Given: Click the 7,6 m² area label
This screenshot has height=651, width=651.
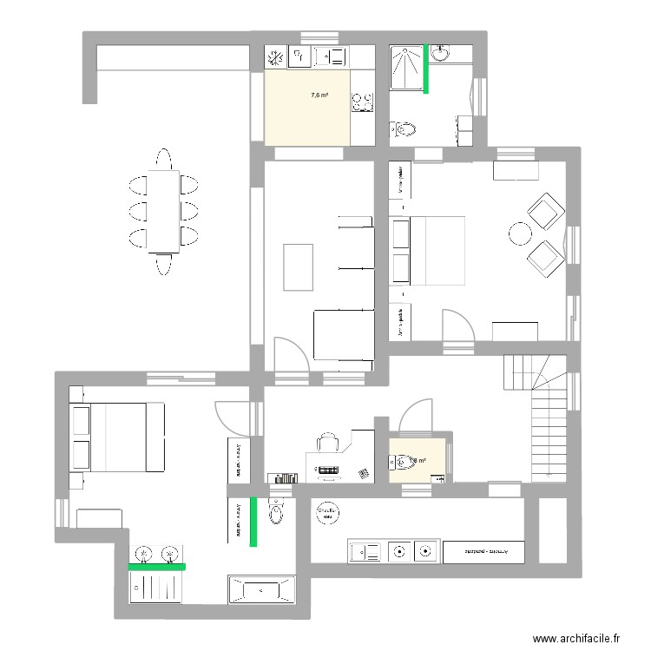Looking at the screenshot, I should pos(319,95).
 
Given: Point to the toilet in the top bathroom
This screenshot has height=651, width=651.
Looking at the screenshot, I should pos(404,130).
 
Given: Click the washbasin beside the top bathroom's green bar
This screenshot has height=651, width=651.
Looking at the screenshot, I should pos(441,53).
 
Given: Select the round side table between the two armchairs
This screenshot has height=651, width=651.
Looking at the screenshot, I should pos(520,233).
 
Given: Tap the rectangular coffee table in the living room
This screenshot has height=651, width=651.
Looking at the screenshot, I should pos(298,266).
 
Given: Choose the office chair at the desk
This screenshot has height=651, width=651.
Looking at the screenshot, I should pos(326,442).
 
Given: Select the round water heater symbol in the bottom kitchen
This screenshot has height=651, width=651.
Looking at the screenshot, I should pos(328,513).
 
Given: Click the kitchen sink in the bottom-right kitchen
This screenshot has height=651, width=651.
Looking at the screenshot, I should pos(364,550).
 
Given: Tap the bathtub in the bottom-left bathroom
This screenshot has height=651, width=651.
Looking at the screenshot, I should pos(261,591).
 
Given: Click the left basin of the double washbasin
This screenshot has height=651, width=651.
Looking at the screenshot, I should pos(145,552).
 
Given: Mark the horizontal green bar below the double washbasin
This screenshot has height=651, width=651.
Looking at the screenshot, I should pos(157,567).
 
